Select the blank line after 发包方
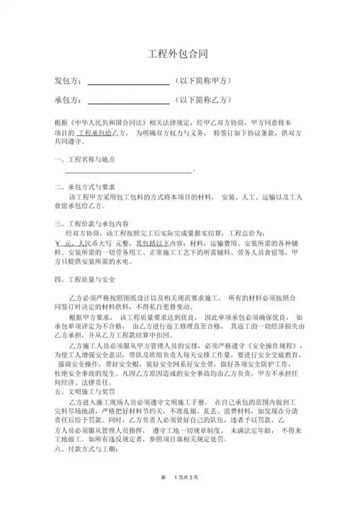(127, 84)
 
